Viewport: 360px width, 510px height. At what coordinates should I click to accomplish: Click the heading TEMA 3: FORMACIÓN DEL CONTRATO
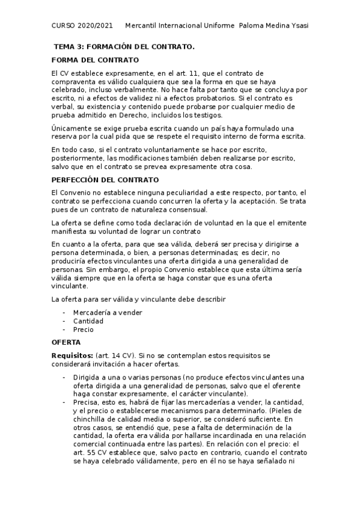coord(124,46)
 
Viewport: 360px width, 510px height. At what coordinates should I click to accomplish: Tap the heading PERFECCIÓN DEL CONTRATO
coord(105,180)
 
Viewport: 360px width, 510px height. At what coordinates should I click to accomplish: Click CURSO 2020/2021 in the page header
coord(82,26)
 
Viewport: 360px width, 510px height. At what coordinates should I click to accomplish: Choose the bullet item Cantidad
coord(88,321)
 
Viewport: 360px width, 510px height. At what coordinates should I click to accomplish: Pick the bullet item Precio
coord(83,329)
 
